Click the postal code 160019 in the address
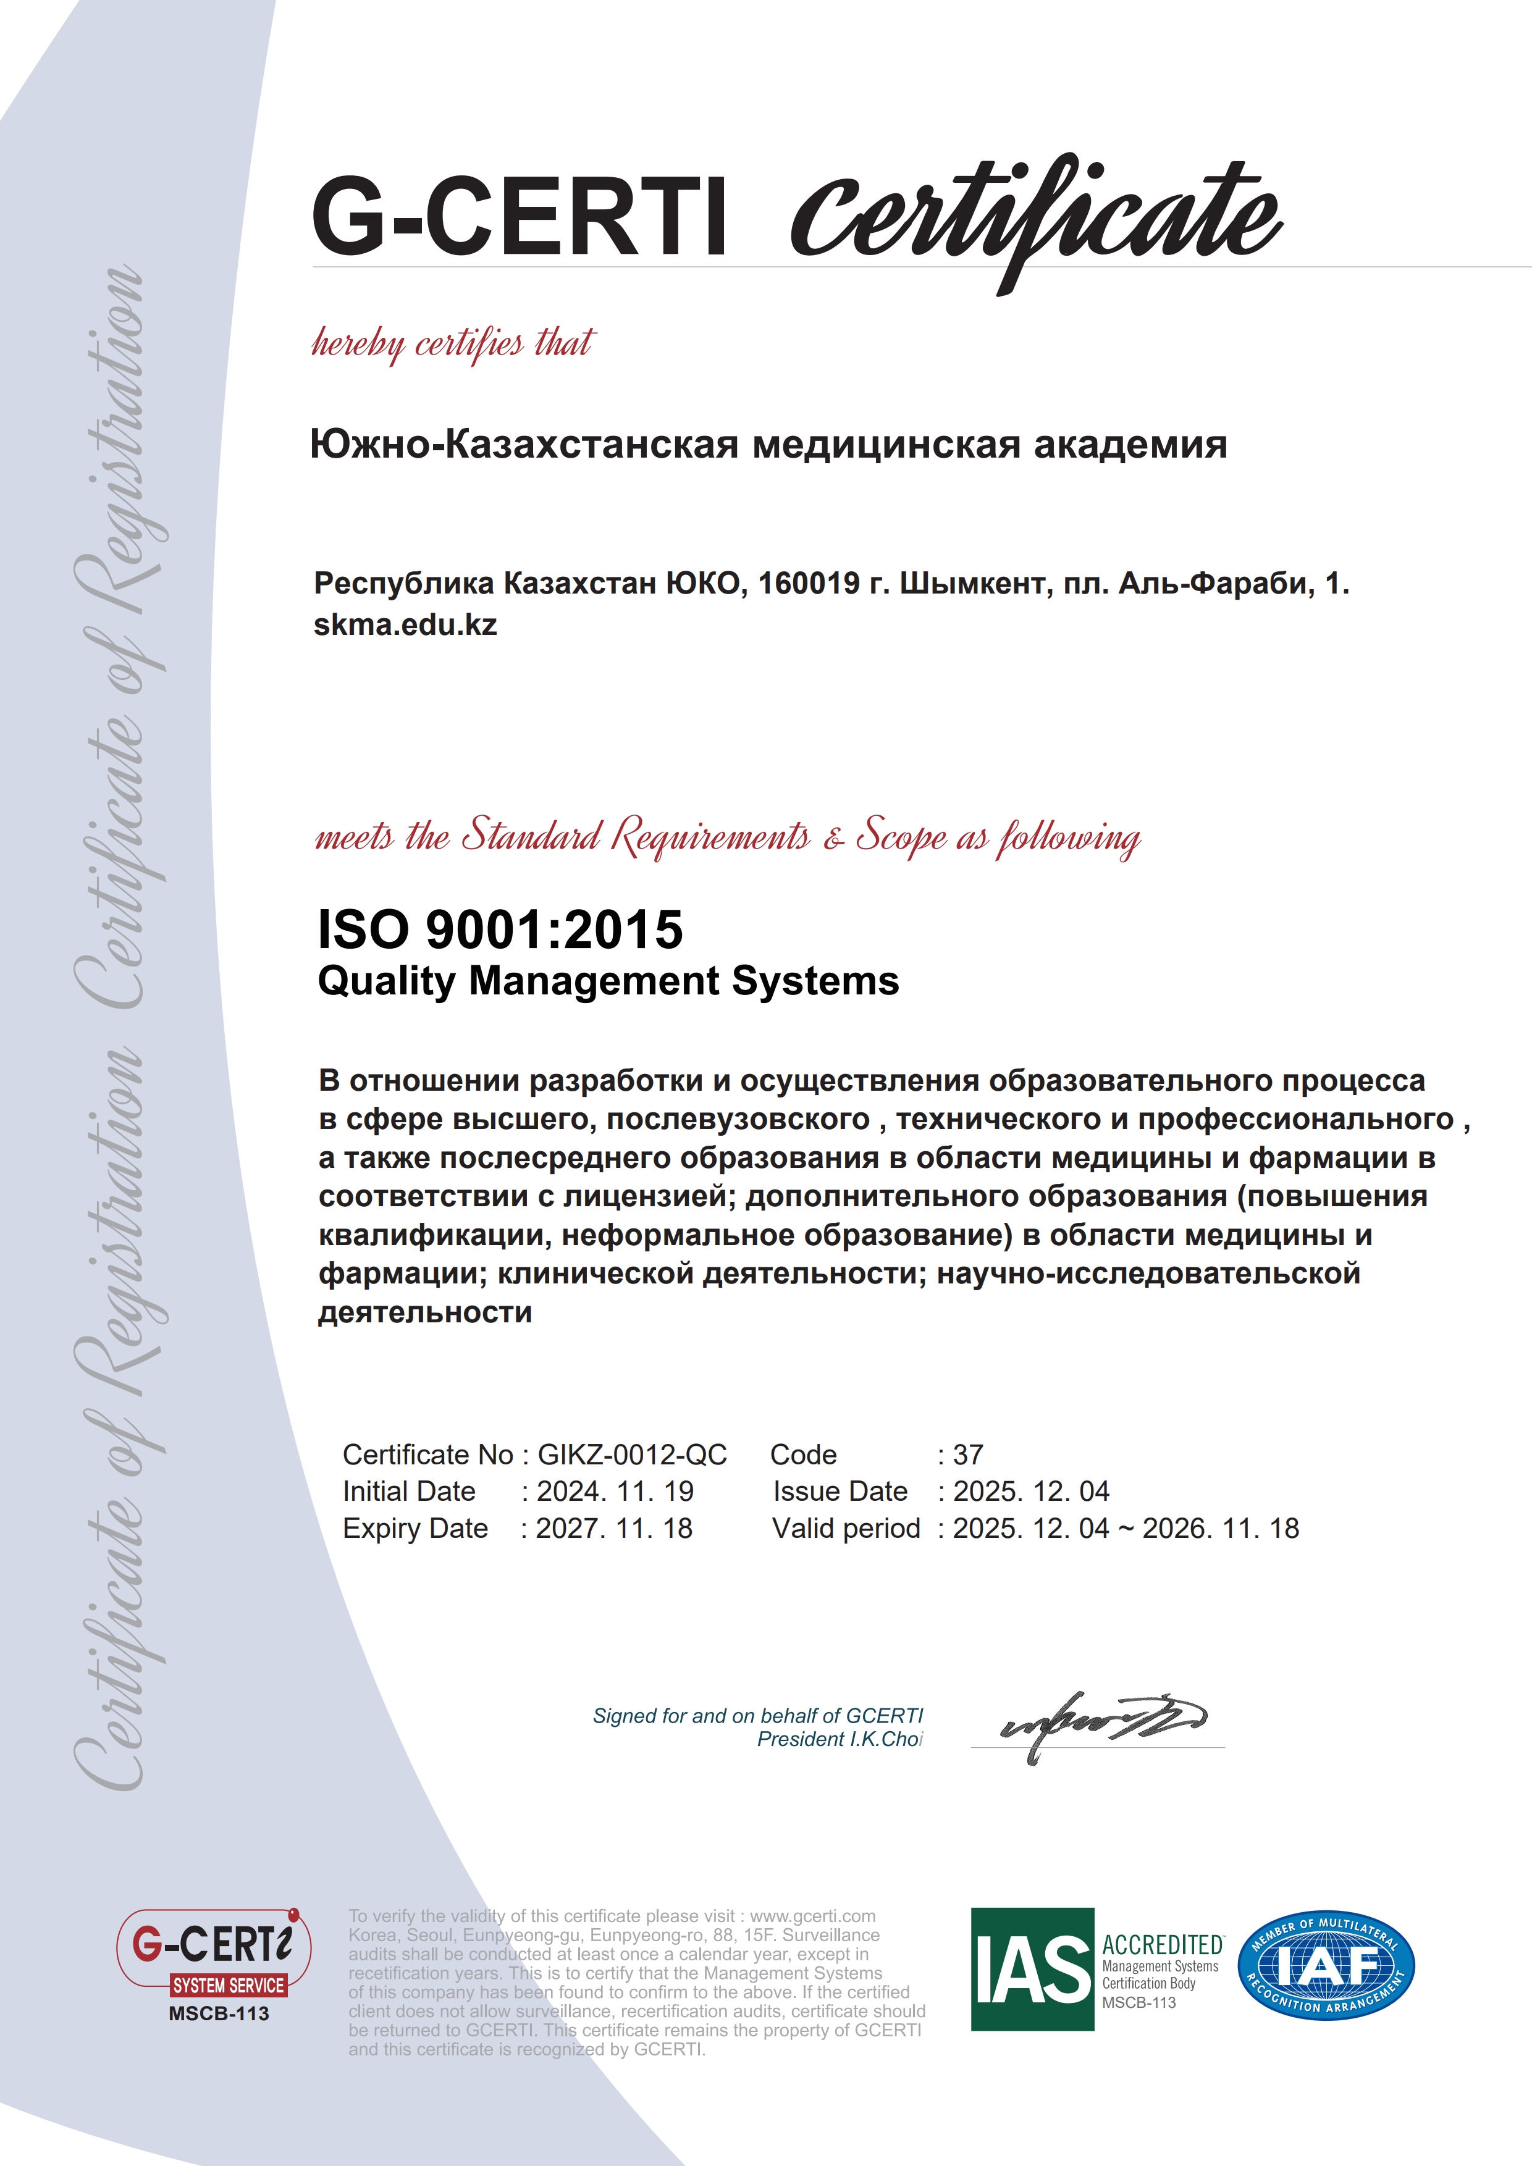(x=809, y=584)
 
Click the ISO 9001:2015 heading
(x=500, y=930)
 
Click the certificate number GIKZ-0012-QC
(x=632, y=1454)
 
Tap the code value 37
(x=968, y=1454)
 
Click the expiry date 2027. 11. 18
(x=614, y=1528)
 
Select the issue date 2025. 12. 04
(x=1030, y=1492)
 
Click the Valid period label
(x=845, y=1528)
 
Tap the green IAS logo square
(x=1032, y=1969)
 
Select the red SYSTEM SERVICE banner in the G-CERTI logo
(x=229, y=1986)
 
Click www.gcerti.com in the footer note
(x=812, y=1916)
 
